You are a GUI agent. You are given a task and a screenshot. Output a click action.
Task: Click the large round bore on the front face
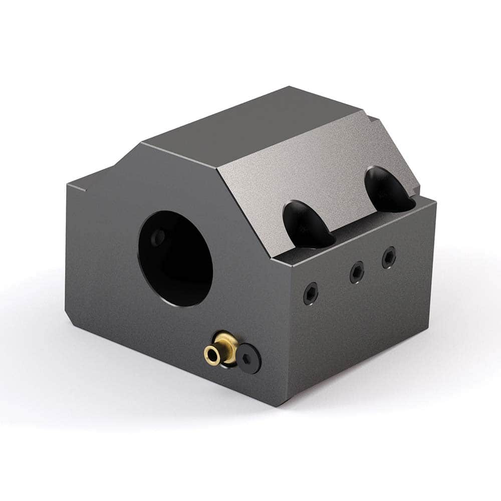(x=175, y=258)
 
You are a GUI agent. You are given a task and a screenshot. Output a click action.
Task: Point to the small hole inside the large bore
(x=158, y=237)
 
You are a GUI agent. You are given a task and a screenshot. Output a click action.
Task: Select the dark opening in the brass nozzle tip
(x=212, y=355)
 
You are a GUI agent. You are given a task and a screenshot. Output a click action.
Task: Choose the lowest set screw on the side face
(x=311, y=293)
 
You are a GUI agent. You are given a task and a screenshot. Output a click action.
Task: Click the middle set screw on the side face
(x=356, y=272)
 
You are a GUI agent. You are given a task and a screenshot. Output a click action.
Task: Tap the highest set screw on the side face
(x=389, y=257)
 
